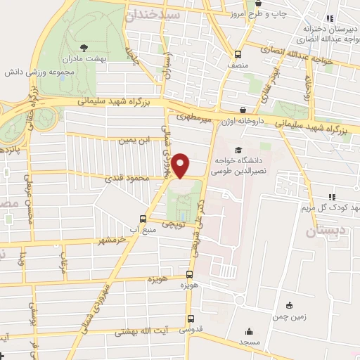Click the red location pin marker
click(182, 166)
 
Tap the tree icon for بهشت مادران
click(84, 48)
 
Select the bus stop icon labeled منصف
click(238, 54)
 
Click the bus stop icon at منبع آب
click(144, 219)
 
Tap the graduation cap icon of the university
click(238, 150)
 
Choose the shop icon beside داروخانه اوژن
click(243, 110)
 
